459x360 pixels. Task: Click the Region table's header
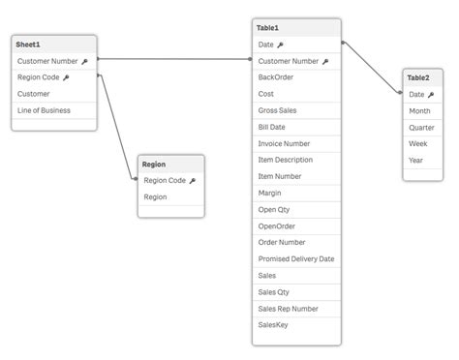point(154,165)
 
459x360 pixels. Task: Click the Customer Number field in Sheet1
point(47,61)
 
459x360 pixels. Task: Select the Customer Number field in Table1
point(289,61)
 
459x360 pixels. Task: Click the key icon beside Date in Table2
point(431,95)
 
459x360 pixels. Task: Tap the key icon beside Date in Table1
point(280,45)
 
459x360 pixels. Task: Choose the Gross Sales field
point(278,110)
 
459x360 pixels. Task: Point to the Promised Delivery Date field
point(296,258)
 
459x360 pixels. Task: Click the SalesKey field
point(273,324)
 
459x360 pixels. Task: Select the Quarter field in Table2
point(421,127)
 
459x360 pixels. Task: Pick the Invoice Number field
point(284,143)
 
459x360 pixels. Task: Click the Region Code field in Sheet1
point(39,77)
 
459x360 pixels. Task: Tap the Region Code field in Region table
point(165,180)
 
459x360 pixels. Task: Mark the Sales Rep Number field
point(288,308)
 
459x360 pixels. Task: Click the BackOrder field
point(276,77)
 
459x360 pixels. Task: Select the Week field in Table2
point(417,143)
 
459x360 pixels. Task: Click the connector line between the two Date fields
point(372,67)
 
